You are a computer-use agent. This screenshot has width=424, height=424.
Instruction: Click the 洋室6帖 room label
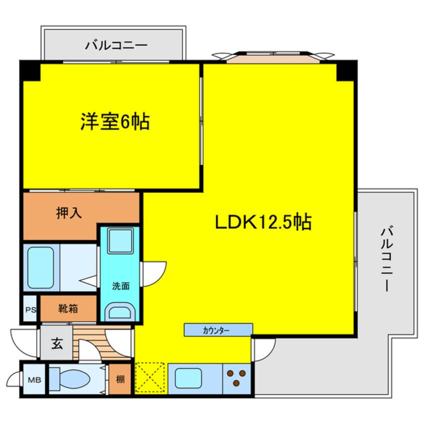pos(115,121)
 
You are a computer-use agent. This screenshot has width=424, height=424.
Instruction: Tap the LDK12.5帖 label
pos(263,221)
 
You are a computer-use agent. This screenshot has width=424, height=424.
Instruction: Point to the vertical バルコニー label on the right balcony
pos(386,260)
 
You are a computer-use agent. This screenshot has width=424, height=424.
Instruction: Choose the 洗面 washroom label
pos(120,286)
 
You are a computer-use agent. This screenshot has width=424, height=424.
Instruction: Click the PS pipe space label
pos(31,309)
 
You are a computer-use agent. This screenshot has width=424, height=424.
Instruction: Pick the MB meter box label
pos(33,379)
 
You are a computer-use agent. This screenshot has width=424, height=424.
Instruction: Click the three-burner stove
pos(237,378)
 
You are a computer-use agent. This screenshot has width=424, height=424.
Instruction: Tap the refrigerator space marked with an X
pos(151,378)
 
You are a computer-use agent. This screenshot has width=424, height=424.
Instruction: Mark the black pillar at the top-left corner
pos(30,71)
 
